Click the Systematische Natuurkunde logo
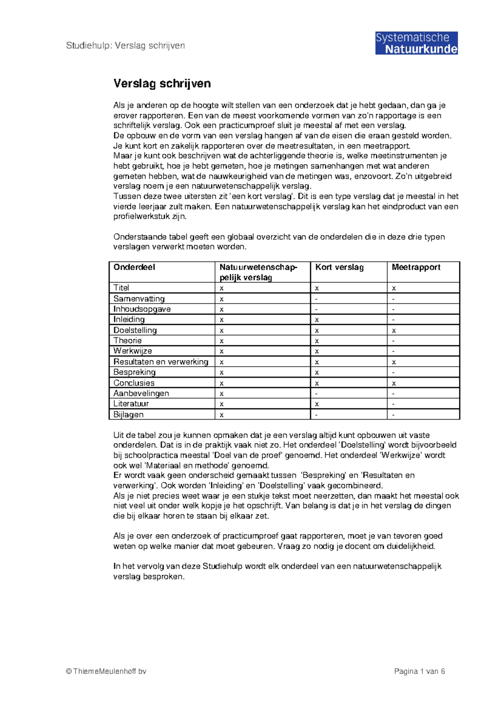pos(416,43)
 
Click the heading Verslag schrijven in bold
pos(162,84)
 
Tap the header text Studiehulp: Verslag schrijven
pos(125,46)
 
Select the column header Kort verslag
pos(339,267)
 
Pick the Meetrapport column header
pos(416,267)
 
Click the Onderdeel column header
pos(134,267)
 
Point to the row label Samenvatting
pos(139,299)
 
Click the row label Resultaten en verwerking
pos(161,362)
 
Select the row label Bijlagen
pos(129,414)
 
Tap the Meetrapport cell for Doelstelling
pos(394,330)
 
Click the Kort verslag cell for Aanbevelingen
pos(316,393)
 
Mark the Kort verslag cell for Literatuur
pos(317,404)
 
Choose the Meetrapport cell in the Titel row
pos(394,288)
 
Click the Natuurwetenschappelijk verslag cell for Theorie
pos(222,341)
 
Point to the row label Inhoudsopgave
pos(142,309)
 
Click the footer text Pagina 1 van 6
pos(419,671)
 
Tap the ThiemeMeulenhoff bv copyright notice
pos(106,671)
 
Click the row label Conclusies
pos(134,383)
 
